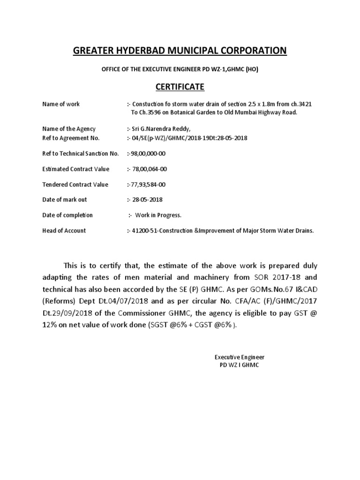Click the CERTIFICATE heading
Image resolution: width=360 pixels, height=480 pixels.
click(180, 87)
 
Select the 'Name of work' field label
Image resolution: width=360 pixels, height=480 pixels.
click(61, 104)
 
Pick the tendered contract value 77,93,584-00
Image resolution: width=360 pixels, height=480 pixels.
click(148, 184)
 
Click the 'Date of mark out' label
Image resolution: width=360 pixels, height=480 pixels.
click(65, 200)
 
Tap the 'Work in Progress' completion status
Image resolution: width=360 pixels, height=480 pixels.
click(158, 215)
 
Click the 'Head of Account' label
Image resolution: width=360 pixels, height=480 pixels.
click(64, 231)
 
